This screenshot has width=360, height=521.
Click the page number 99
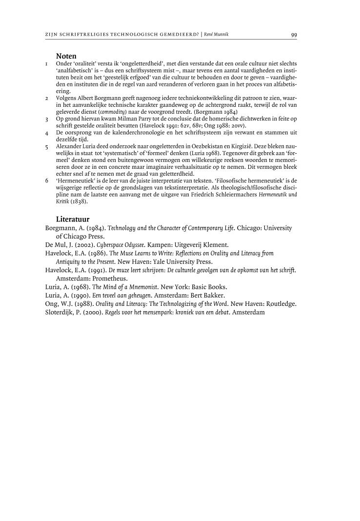pyautogui.click(x=294, y=35)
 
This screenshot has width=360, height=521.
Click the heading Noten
pyautogui.click(x=66, y=57)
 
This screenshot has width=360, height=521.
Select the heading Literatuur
pyautogui.click(x=72, y=219)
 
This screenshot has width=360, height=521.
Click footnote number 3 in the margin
pyautogui.click(x=46, y=119)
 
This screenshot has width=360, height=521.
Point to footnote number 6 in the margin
pyautogui.click(x=46, y=180)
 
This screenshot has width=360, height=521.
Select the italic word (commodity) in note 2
pyautogui.click(x=113, y=112)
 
